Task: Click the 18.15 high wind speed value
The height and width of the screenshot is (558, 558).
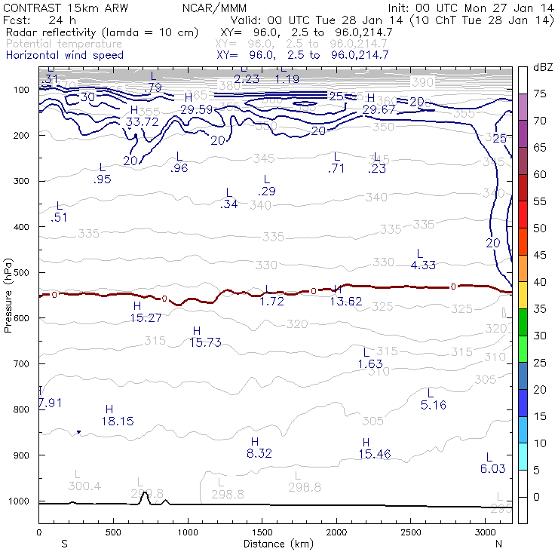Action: (x=117, y=422)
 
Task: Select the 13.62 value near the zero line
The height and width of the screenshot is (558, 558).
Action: (x=346, y=302)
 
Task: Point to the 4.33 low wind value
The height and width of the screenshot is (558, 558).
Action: (x=424, y=265)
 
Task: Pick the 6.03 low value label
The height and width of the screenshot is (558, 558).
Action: (x=492, y=469)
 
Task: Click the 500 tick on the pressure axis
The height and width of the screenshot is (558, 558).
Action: (x=21, y=272)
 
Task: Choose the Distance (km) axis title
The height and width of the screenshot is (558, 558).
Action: (x=276, y=544)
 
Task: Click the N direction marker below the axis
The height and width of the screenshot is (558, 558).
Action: (x=498, y=544)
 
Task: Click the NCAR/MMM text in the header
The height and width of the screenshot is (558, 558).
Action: (x=214, y=8)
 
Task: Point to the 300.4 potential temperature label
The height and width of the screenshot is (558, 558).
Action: (x=84, y=486)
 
